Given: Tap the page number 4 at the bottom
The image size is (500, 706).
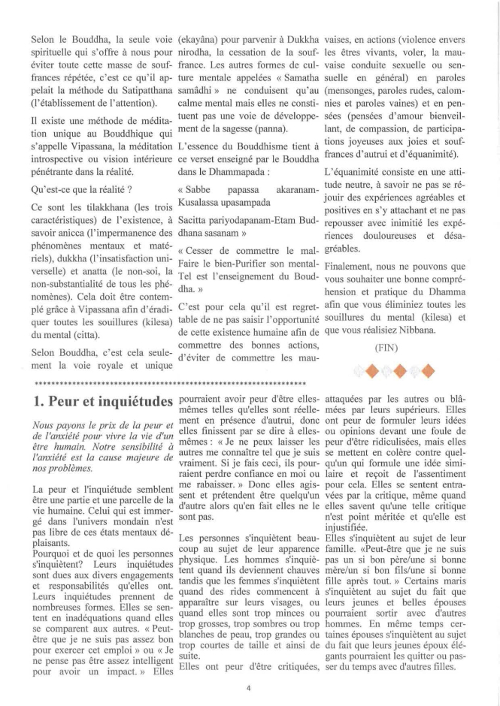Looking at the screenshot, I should coord(249,685).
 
